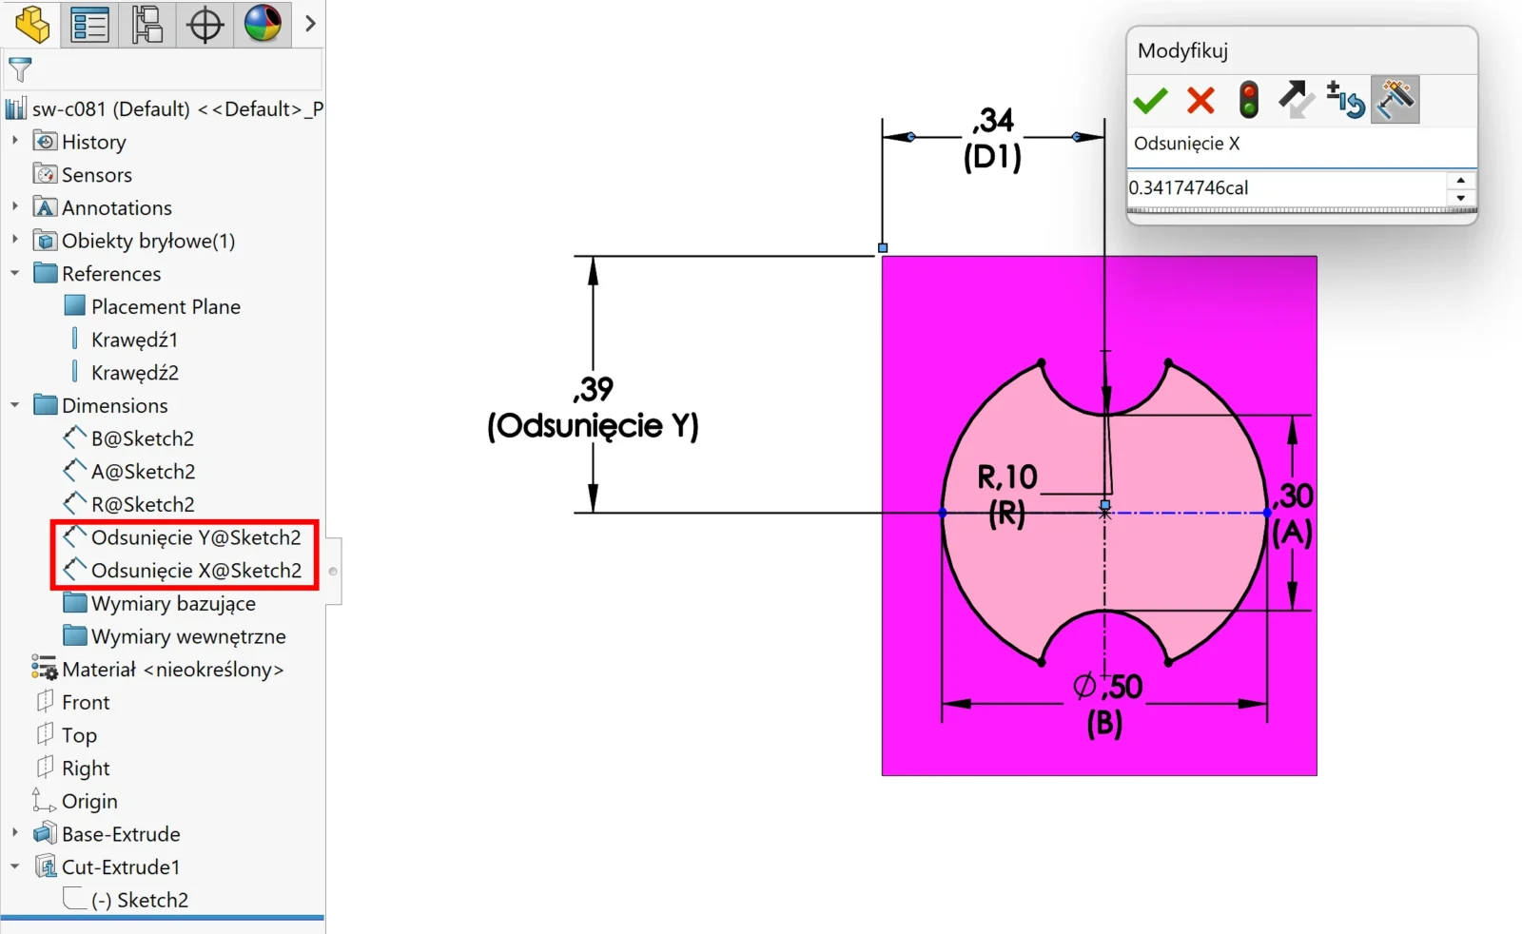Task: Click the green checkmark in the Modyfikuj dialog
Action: tap(1150, 101)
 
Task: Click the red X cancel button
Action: tap(1200, 101)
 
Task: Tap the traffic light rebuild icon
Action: tap(1248, 100)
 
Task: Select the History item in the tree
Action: tap(94, 142)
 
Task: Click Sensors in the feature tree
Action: tap(96, 175)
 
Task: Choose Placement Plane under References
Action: tap(166, 307)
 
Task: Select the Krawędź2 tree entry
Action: tap(134, 373)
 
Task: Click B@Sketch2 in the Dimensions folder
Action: tap(143, 438)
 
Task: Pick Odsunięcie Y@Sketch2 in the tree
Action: tap(196, 538)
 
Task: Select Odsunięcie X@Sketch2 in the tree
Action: tap(196, 571)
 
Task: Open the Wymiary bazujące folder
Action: tap(173, 604)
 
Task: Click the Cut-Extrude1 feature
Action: tap(120, 867)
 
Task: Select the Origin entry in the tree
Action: tap(89, 802)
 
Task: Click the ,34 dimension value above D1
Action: tap(993, 121)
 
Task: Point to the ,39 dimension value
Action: tap(594, 389)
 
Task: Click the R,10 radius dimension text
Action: tap(1007, 477)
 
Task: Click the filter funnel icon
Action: tap(20, 69)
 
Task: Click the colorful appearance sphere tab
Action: tap(263, 24)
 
